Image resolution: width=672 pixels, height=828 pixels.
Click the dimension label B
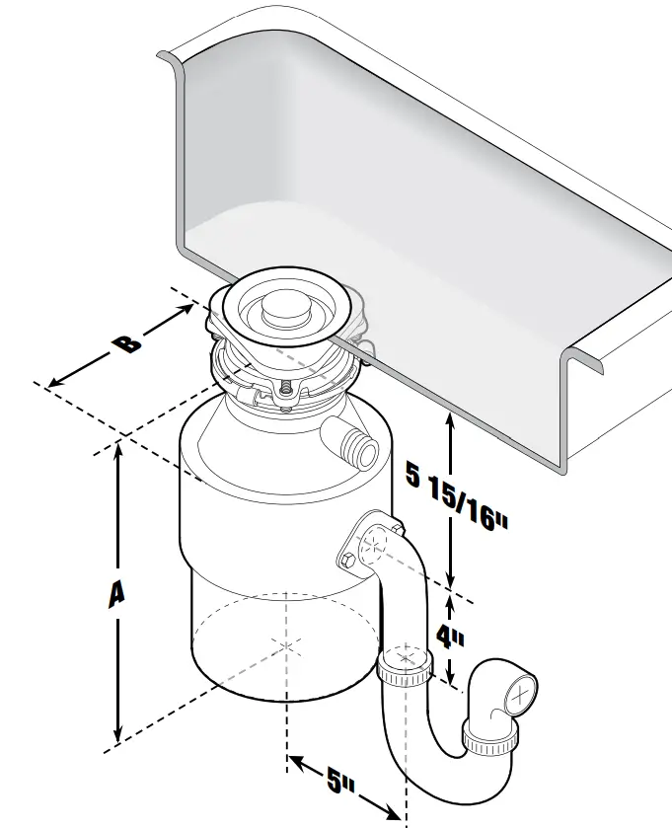pyautogui.click(x=125, y=342)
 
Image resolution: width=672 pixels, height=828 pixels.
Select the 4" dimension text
pyautogui.click(x=450, y=638)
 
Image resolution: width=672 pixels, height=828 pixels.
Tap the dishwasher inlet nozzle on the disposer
pyautogui.click(x=357, y=446)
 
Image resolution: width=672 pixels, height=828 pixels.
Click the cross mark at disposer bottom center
pyautogui.click(x=286, y=645)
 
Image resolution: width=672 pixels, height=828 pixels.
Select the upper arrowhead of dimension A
pyautogui.click(x=118, y=448)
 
